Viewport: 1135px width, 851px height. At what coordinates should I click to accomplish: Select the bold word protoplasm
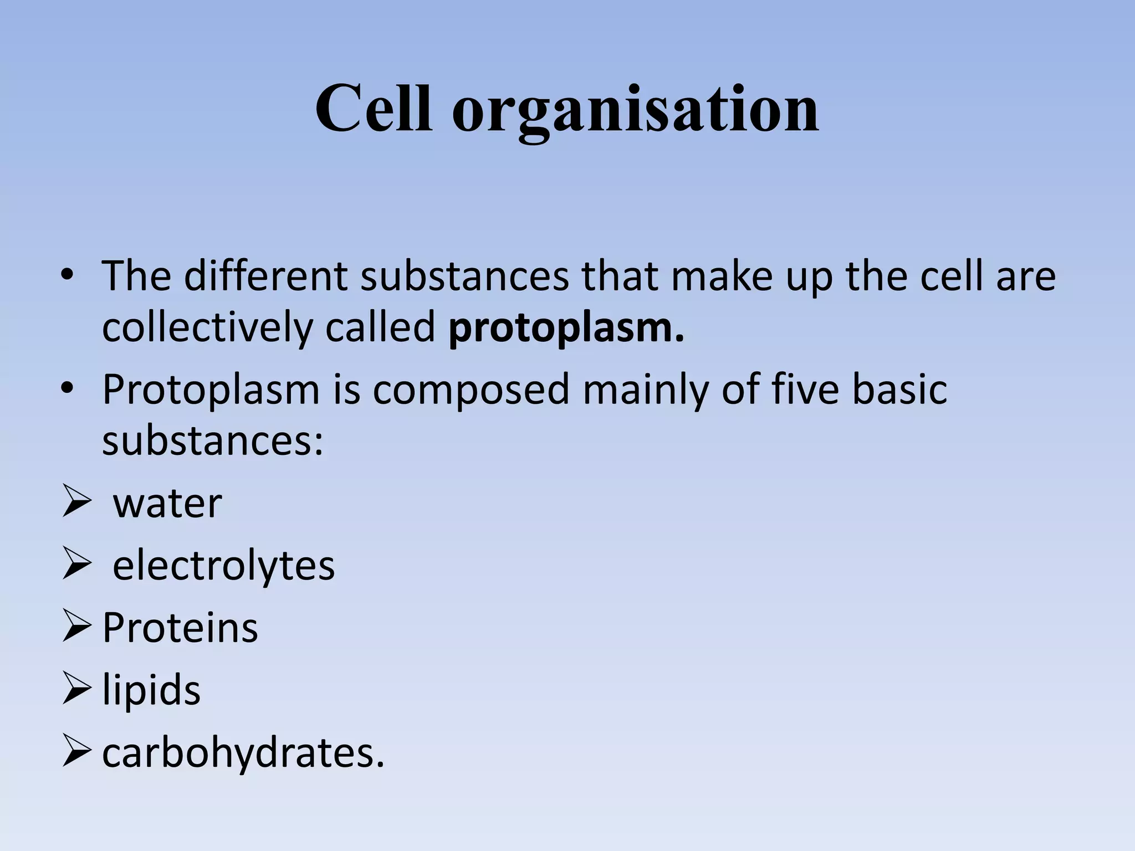(x=566, y=328)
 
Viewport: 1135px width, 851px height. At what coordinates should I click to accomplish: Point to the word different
(x=265, y=275)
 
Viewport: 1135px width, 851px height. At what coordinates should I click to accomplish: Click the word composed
(x=471, y=390)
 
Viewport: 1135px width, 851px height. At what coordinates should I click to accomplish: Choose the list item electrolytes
(x=223, y=566)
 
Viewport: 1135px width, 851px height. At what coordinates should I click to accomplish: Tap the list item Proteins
(x=180, y=628)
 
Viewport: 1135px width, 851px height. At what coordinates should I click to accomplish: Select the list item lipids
(x=151, y=690)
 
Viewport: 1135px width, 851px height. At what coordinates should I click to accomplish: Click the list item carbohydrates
(x=243, y=753)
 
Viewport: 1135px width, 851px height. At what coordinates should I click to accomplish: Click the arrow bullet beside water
(x=76, y=502)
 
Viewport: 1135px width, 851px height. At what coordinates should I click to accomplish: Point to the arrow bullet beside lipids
(x=76, y=689)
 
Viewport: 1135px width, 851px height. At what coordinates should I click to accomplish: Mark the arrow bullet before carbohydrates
(x=76, y=751)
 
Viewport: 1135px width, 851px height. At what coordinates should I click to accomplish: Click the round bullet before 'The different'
(x=68, y=275)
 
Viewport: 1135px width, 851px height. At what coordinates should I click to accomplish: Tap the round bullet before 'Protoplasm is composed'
(x=68, y=389)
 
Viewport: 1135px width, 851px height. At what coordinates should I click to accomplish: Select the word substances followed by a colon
(x=213, y=440)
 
